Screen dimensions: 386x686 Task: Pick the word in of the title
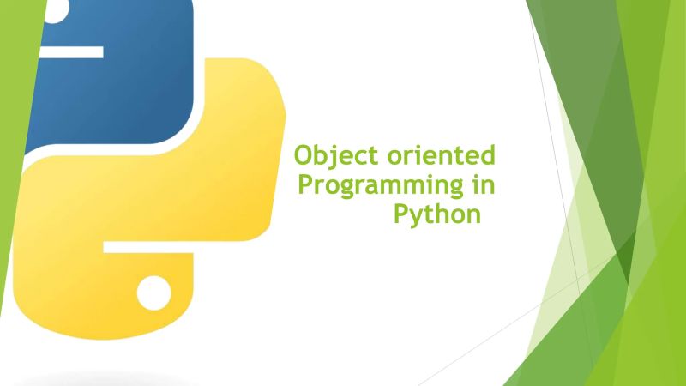485,184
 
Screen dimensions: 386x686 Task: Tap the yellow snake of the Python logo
197,197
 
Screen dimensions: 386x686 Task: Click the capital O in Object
303,157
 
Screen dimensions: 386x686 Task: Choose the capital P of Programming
303,184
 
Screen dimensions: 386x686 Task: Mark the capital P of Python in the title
400,212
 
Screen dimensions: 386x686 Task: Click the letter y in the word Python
417,215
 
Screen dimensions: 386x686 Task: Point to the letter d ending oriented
488,156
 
